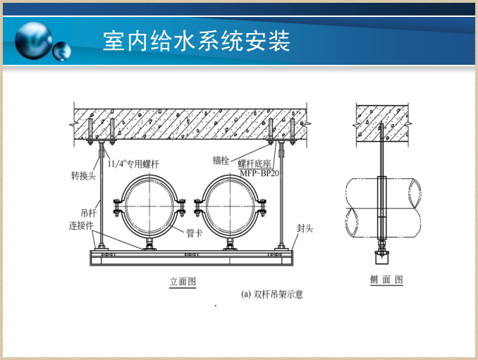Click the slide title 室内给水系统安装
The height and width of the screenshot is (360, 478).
click(x=196, y=40)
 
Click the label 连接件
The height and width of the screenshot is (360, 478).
click(x=81, y=226)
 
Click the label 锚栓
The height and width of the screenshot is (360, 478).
click(x=221, y=160)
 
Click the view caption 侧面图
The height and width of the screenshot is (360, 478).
click(x=386, y=280)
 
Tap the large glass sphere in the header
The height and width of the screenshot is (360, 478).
click(x=34, y=40)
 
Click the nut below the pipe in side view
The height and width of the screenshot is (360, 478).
click(x=381, y=249)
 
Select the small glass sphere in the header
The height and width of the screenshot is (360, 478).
click(x=62, y=50)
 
